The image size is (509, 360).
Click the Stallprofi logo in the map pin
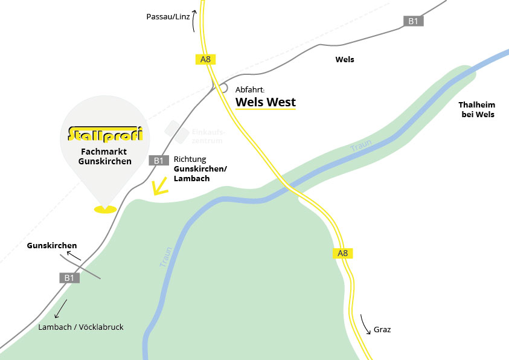[106, 132]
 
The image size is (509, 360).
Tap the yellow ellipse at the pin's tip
[106, 210]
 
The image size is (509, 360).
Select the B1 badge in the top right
[413, 21]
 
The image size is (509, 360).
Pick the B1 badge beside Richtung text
[158, 160]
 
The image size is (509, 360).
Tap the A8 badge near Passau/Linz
[206, 59]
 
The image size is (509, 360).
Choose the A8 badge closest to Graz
[342, 253]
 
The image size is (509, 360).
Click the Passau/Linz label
[168, 16]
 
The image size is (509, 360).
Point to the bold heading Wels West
[266, 102]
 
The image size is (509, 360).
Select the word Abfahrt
[250, 89]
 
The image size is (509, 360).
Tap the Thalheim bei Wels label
[477, 109]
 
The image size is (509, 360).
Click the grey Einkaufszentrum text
[208, 136]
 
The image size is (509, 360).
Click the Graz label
[382, 330]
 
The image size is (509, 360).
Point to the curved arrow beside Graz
[366, 324]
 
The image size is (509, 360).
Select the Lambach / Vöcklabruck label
[80, 327]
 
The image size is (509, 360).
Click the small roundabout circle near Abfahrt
[223, 88]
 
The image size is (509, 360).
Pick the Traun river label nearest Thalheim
[361, 145]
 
